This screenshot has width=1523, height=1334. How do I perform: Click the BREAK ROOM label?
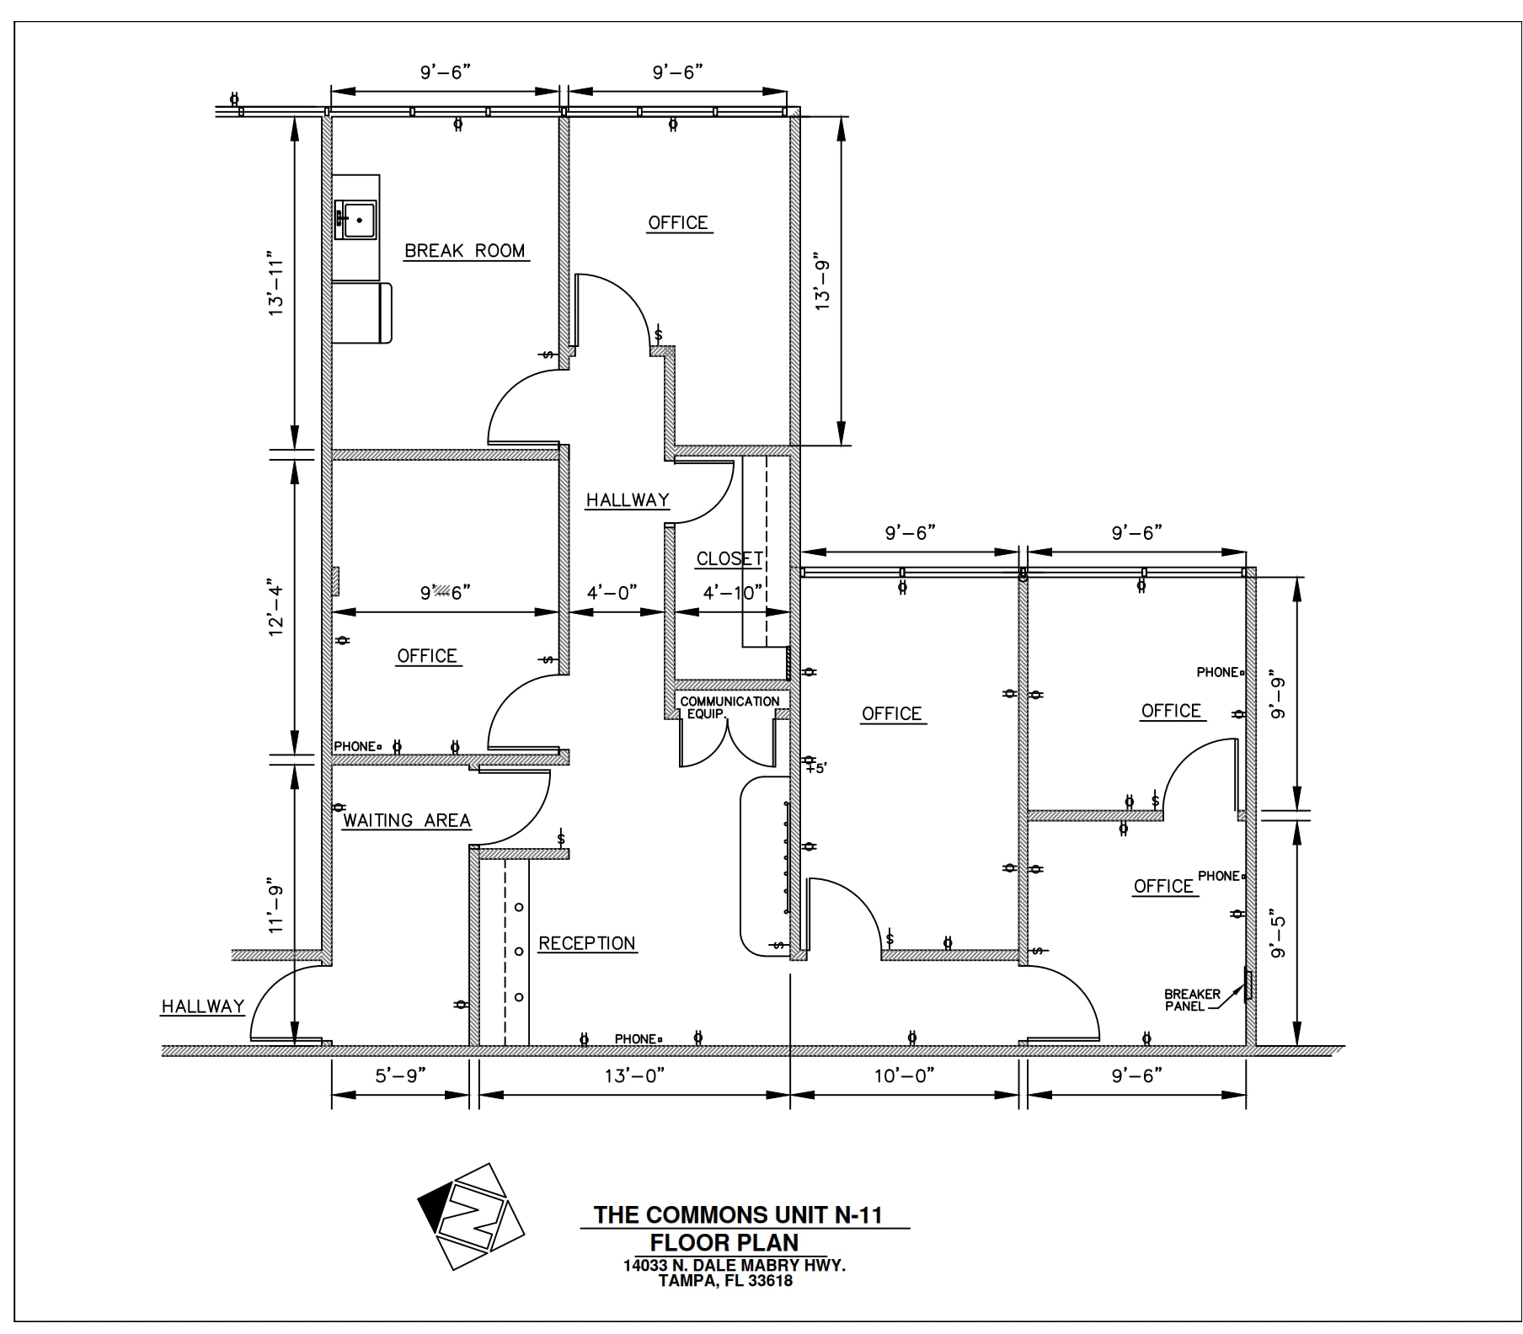(x=465, y=251)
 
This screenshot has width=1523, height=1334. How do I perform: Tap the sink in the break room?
(x=355, y=220)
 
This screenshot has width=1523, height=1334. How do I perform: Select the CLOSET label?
(x=729, y=559)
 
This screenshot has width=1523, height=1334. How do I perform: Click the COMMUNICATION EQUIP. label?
(x=729, y=707)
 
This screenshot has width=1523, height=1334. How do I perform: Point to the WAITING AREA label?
(x=407, y=820)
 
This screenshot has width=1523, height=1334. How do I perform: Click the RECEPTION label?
(x=587, y=943)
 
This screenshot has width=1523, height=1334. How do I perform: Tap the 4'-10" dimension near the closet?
(x=733, y=593)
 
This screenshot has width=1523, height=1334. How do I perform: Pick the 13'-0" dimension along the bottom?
(x=634, y=1075)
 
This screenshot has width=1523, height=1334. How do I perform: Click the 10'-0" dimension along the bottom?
(x=904, y=1075)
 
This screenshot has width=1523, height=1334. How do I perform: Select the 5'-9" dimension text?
(x=400, y=1075)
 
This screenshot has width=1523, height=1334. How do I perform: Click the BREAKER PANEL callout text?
(x=1192, y=1000)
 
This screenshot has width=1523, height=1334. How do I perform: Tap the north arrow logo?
(x=471, y=1216)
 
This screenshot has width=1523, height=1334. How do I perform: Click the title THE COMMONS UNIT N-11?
(x=738, y=1214)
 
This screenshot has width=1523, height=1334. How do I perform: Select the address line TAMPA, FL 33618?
(x=725, y=1281)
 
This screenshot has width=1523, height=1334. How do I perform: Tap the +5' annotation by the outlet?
(x=816, y=768)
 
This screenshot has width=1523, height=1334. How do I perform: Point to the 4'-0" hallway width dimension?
(x=612, y=593)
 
